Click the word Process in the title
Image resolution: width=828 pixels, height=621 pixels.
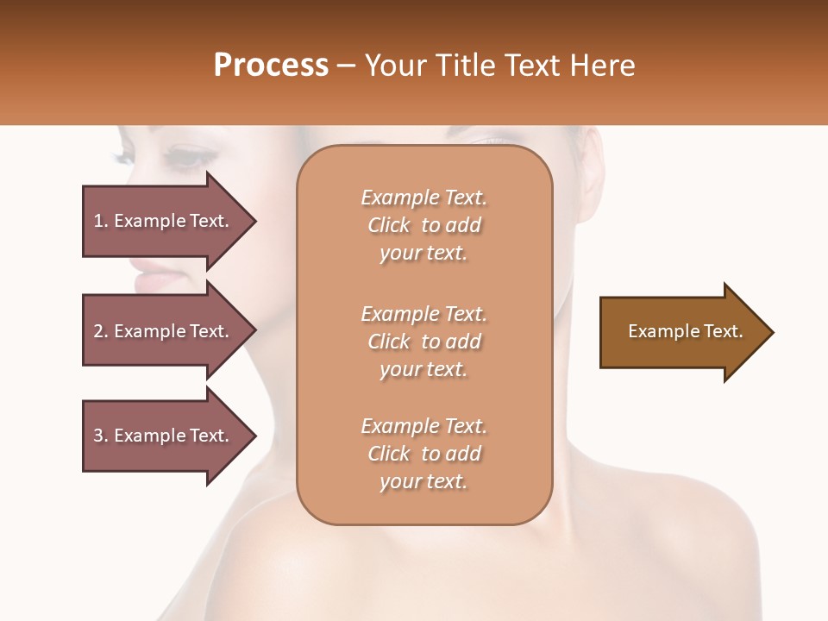point(271,66)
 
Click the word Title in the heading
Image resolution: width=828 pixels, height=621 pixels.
point(460,66)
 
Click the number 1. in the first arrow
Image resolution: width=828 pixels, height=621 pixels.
point(101,221)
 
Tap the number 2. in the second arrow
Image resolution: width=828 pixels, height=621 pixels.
point(101,331)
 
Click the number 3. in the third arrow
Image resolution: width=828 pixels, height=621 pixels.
point(101,436)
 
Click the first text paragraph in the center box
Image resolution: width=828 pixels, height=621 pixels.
point(423,225)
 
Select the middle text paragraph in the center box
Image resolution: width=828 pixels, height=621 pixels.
point(423,342)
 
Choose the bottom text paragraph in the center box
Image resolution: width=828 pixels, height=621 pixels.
point(423,454)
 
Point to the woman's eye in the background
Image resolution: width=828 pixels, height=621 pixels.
point(191,158)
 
